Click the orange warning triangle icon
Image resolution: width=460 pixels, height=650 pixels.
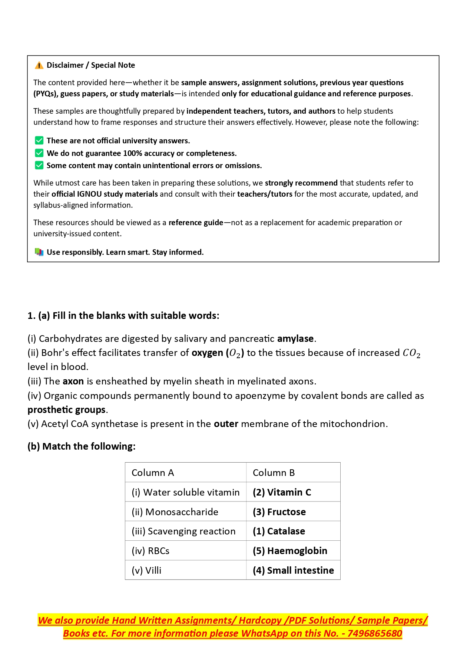click(39, 66)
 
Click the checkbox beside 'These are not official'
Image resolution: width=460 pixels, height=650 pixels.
click(39, 140)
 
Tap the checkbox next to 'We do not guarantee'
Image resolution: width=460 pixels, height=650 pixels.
click(39, 153)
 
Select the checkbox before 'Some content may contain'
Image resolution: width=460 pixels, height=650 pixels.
click(39, 165)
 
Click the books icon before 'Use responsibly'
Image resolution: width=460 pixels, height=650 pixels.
click(39, 252)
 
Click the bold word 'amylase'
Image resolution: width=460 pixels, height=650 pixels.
click(295, 339)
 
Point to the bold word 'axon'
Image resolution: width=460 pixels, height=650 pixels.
click(73, 381)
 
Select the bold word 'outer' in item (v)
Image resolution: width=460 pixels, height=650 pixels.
click(226, 424)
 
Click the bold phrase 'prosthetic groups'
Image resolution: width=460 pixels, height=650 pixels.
click(67, 410)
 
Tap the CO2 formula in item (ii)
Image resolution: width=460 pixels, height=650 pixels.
click(411, 353)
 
